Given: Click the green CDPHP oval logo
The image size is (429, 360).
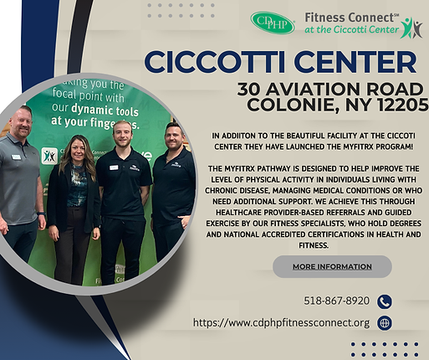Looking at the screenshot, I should tap(272, 23).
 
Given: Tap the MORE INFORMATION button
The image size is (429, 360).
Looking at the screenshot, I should tap(332, 266).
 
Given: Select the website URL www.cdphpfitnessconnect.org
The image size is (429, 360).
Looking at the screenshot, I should tap(280, 322).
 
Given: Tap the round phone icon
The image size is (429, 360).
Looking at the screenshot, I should tap(384, 302).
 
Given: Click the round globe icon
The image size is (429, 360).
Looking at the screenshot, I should tap(384, 323).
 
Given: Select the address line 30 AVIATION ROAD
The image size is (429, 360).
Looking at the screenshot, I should tap(332, 88).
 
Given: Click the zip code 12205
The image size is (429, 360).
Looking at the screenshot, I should tap(398, 104).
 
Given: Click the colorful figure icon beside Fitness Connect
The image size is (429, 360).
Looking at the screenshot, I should tap(411, 28).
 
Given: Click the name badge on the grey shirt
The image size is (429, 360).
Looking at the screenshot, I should tap(15, 157).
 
